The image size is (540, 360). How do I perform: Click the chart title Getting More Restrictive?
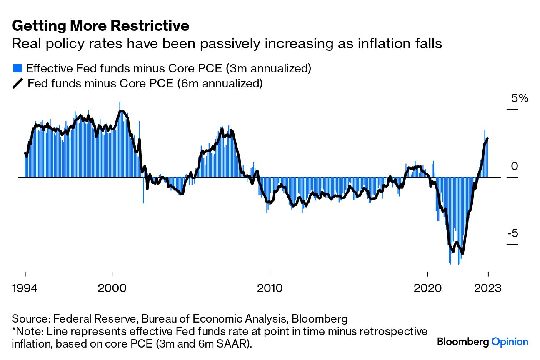click(x=100, y=26)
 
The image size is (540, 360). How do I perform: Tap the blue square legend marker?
click(x=17, y=68)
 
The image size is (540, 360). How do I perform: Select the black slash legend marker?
click(x=17, y=84)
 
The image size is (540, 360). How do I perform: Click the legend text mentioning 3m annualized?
click(x=169, y=68)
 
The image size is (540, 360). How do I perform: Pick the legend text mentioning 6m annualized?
click(x=145, y=84)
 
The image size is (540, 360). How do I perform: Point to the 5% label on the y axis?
click(x=520, y=98)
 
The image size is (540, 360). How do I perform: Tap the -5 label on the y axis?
click(x=512, y=233)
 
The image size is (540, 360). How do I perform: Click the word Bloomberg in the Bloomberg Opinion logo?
click(x=463, y=342)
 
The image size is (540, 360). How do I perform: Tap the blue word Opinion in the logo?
click(x=510, y=342)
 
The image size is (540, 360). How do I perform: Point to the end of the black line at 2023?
click(x=487, y=138)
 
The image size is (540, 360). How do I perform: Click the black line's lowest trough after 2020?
click(x=462, y=254)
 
